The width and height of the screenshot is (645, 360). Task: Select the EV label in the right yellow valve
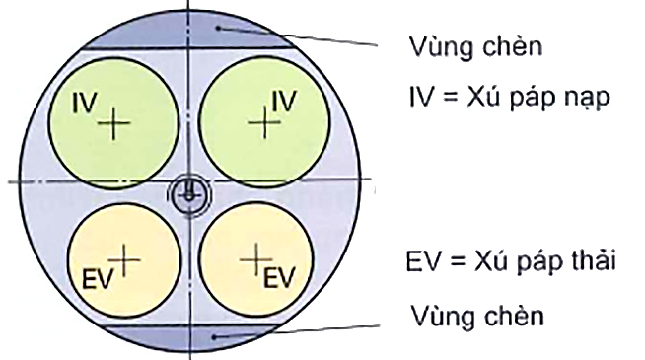[281, 271]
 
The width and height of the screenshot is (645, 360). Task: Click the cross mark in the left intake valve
[115, 122]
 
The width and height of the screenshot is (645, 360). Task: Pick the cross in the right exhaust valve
[255, 257]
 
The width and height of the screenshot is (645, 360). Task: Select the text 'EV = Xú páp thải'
[511, 263]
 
